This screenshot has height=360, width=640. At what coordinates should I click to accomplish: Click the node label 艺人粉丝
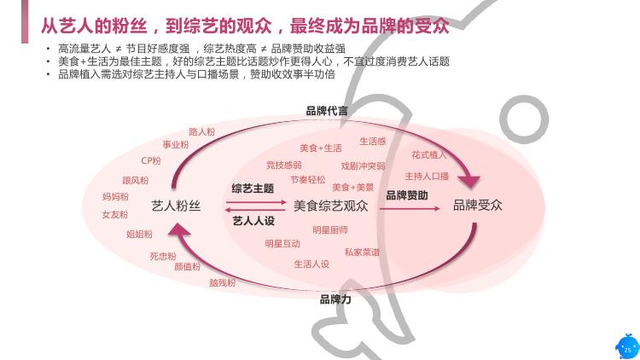tap(176, 206)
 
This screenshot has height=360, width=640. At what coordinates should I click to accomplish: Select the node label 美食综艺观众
tap(330, 206)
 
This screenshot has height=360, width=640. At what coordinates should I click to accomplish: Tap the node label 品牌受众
tap(478, 205)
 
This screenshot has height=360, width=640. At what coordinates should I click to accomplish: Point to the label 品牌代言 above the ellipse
tap(327, 111)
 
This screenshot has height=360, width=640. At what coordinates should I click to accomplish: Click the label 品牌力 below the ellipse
tap(335, 299)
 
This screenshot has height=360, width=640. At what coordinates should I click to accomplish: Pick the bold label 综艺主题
tap(253, 189)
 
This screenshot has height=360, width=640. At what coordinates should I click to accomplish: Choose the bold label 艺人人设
tap(253, 221)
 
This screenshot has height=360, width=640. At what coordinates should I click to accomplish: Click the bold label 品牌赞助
tap(407, 195)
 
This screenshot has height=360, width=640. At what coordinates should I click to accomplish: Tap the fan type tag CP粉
tap(151, 161)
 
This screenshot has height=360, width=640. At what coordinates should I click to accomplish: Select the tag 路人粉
tap(201, 132)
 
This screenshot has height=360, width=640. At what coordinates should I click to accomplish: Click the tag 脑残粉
tap(223, 282)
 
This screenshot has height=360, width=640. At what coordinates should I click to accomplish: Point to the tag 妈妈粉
tap(115, 197)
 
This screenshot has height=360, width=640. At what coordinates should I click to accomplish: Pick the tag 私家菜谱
tap(362, 253)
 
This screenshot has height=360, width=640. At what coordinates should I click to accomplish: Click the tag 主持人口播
tap(427, 177)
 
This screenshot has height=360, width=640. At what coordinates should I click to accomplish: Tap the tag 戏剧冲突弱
tap(363, 166)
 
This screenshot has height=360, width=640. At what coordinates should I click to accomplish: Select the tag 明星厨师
tap(330, 230)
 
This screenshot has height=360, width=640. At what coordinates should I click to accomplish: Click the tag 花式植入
tap(429, 155)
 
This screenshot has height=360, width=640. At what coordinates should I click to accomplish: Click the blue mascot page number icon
tap(627, 346)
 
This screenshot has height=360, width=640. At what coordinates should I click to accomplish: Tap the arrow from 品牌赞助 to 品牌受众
tap(410, 208)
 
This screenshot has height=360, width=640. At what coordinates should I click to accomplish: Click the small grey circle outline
tap(524, 119)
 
